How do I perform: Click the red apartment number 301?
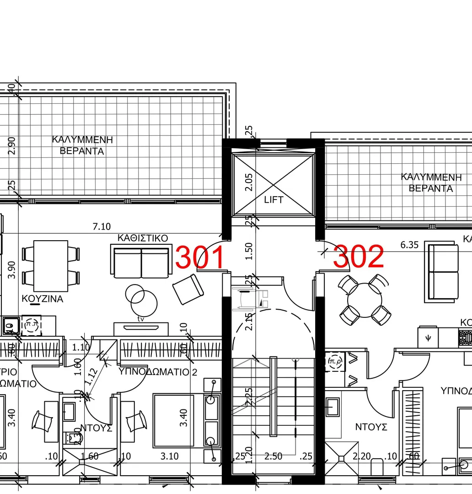(200, 258)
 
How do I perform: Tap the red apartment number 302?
(359, 257)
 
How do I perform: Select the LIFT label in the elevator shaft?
(274, 200)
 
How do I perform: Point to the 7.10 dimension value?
(102, 226)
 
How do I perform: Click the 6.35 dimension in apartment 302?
(409, 245)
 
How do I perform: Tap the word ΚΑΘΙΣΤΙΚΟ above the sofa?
(143, 238)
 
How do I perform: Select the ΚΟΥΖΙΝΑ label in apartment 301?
(43, 299)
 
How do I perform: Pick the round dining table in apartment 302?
(364, 300)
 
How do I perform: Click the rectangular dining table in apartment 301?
(51, 266)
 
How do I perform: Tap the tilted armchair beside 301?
(188, 289)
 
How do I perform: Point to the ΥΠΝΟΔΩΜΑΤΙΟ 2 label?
(158, 372)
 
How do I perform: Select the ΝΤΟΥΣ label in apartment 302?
(371, 427)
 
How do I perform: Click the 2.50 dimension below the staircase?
(274, 456)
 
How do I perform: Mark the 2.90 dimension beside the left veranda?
(12, 145)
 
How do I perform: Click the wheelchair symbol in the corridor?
(249, 298)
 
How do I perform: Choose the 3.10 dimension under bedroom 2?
(170, 456)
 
